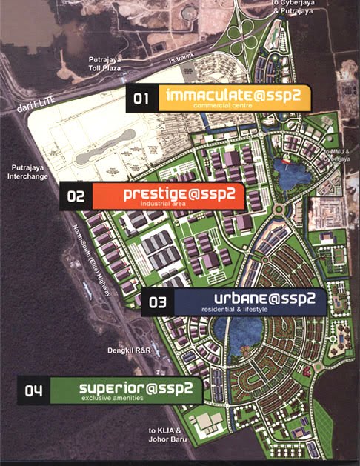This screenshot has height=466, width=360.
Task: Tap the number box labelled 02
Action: point(76,197)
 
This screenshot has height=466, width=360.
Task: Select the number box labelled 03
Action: point(157,302)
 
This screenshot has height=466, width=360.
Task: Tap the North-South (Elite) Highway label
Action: point(84,261)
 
